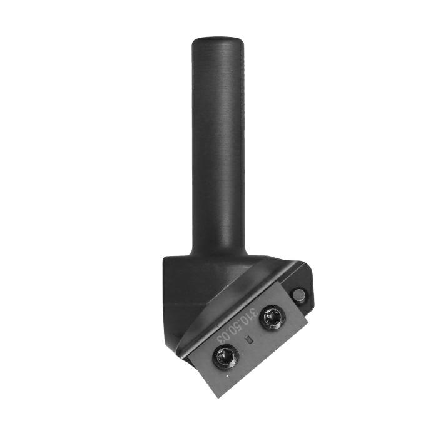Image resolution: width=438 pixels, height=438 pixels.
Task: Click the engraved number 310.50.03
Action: [x=237, y=325]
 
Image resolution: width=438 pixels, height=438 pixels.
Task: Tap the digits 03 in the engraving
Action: [x=223, y=337]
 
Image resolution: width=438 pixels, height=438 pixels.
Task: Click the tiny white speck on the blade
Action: [x=228, y=376]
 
